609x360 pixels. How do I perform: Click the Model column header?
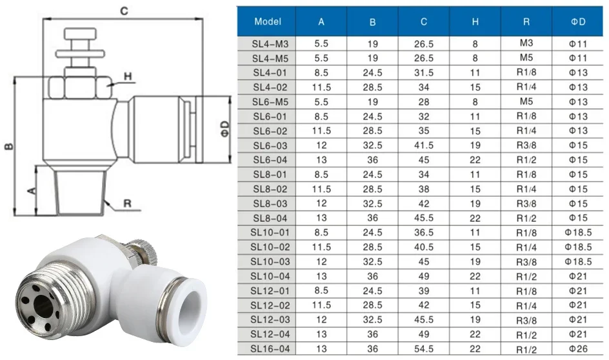268,22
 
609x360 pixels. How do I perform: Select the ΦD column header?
578,22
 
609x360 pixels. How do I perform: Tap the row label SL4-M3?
270,44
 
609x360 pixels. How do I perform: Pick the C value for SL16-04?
423,349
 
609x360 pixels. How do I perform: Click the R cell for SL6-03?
526,145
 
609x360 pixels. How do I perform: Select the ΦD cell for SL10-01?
578,233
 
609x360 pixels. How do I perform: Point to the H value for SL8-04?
475,218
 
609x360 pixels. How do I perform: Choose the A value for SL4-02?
321,87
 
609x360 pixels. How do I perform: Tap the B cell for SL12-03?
372,319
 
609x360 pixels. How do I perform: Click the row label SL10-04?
270,277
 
